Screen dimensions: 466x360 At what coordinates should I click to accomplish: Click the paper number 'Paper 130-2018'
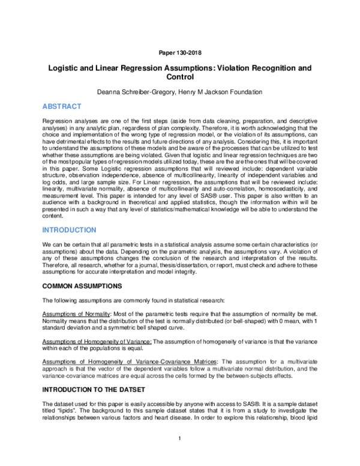click(x=180, y=53)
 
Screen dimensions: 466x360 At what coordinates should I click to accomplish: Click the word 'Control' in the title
click(x=180, y=77)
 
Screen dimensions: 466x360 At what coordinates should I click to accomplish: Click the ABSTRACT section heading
click(x=62, y=106)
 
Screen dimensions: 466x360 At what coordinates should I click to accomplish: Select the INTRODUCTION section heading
click(x=70, y=230)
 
